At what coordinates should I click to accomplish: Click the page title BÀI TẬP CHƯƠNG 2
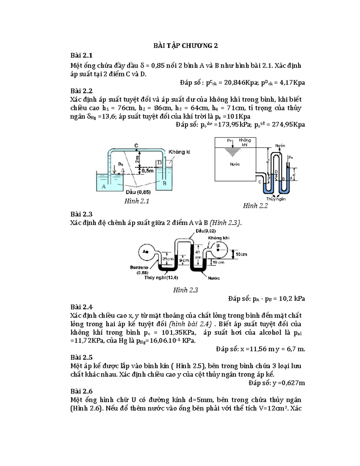coord(185,46)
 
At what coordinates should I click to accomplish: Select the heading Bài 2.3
coord(81,214)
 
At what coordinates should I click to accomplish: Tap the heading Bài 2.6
coord(81,391)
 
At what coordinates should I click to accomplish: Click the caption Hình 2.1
coord(136,201)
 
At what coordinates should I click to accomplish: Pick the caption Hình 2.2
coord(255,206)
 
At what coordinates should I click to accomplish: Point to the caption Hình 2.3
coord(185,290)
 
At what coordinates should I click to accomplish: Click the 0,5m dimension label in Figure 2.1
coord(148,171)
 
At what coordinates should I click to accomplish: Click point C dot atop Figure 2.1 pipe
coord(136,149)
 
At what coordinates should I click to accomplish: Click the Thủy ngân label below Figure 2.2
coord(276,199)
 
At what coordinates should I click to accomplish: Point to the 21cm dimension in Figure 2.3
coord(168,259)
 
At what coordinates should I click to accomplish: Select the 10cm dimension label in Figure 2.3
coord(241,254)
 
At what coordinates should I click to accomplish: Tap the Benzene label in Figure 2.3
coord(139,267)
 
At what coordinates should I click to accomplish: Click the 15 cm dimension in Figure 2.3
coord(218,262)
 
